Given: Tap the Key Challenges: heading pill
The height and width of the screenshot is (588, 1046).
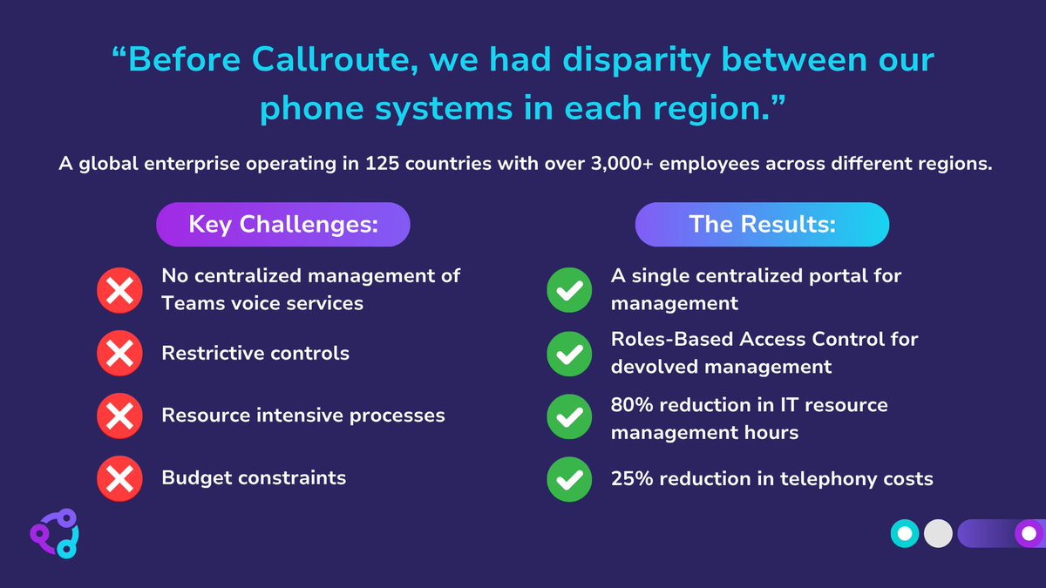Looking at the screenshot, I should tap(283, 225).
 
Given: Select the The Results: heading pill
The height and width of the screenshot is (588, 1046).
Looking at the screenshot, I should tap(762, 225).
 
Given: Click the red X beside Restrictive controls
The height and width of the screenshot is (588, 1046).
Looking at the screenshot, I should tap(119, 354).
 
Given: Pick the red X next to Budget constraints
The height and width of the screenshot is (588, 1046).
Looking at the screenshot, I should tap(119, 478).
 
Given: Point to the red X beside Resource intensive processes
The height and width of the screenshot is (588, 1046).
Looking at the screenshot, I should tap(119, 416).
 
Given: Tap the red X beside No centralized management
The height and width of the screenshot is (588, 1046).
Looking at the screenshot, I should tap(119, 290).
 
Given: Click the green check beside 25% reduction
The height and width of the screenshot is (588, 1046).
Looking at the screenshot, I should tap(569, 479).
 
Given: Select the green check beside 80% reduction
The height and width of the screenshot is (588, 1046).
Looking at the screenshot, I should tap(569, 417).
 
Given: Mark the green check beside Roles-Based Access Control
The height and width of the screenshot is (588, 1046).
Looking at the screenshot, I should tap(569, 354).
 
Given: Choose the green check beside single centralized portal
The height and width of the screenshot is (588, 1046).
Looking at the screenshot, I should tap(569, 291).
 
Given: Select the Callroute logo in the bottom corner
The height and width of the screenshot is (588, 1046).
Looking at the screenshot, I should tap(54, 532).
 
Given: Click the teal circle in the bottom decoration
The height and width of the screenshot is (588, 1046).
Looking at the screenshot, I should tap(906, 533).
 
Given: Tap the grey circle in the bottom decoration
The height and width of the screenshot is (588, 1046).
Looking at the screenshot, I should tap(938, 533).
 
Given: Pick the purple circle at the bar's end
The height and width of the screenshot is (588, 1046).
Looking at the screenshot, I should tap(1029, 533).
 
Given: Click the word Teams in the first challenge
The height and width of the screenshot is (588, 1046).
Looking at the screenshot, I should tap(190, 303).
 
